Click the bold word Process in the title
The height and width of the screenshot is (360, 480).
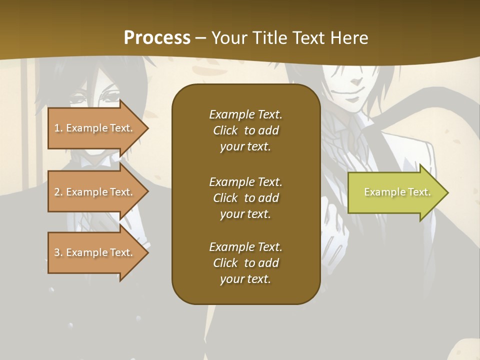click(x=157, y=38)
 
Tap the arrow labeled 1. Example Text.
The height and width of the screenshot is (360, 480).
click(x=95, y=128)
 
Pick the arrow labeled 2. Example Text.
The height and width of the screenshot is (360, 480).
click(x=95, y=192)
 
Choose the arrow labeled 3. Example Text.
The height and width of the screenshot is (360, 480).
click(x=95, y=252)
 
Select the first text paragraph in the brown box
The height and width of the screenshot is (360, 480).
click(x=245, y=130)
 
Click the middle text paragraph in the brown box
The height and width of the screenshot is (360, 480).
click(x=245, y=197)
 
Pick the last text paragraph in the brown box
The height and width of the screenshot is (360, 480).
click(x=245, y=263)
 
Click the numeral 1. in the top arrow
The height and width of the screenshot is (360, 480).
click(x=58, y=128)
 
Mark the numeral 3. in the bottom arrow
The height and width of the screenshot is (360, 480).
click(x=58, y=252)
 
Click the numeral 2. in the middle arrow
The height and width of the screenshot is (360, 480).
click(x=58, y=192)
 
